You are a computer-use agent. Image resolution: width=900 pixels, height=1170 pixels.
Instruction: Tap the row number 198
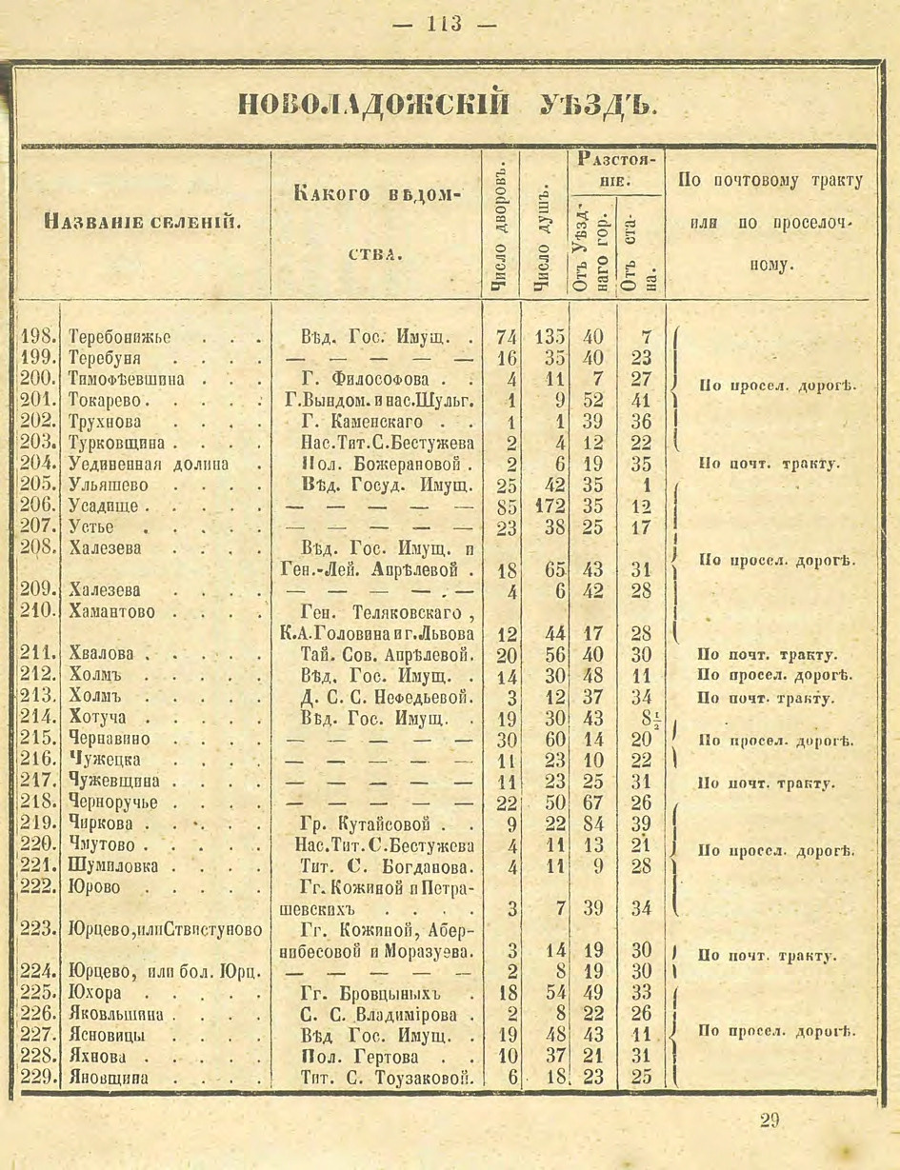[39, 338]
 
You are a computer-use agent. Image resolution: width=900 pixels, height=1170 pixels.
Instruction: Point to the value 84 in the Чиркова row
[592, 823]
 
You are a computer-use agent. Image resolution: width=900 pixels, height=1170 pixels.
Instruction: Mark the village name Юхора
[93, 993]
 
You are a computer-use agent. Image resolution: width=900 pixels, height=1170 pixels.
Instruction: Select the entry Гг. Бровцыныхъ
[367, 993]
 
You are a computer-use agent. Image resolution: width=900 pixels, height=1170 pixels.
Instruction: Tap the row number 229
[39, 1078]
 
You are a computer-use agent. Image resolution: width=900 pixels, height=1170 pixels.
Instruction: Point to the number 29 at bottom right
[770, 1120]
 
